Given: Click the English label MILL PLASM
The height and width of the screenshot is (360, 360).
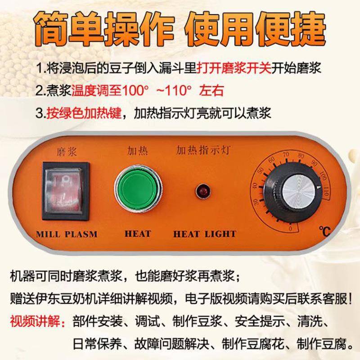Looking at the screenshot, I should pos(67,234).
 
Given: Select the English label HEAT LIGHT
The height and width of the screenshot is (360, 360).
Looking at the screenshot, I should pos(205,234).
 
